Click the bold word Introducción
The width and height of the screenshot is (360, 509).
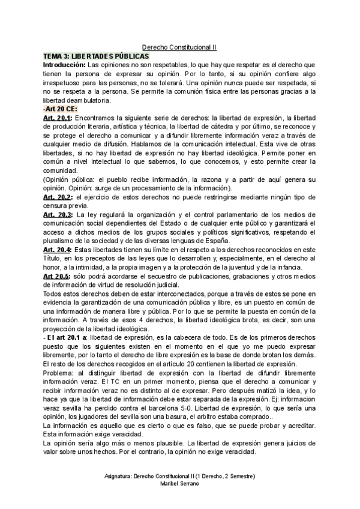(64, 63)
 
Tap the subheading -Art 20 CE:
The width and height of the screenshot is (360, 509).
(61, 110)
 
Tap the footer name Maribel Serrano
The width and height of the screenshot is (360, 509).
(179, 484)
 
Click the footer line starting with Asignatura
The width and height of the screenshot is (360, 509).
(179, 476)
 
